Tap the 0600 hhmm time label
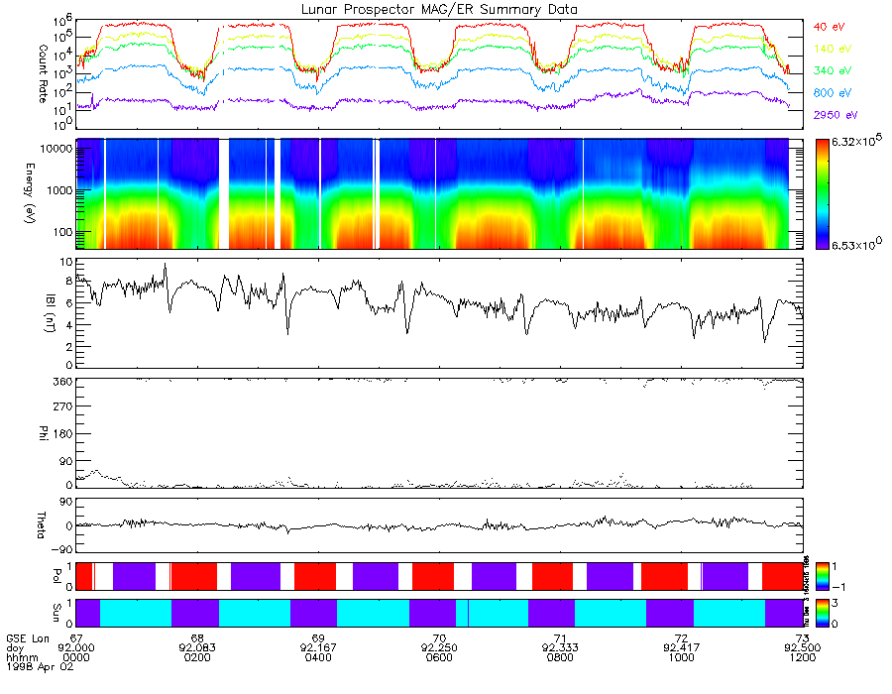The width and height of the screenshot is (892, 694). point(438,658)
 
